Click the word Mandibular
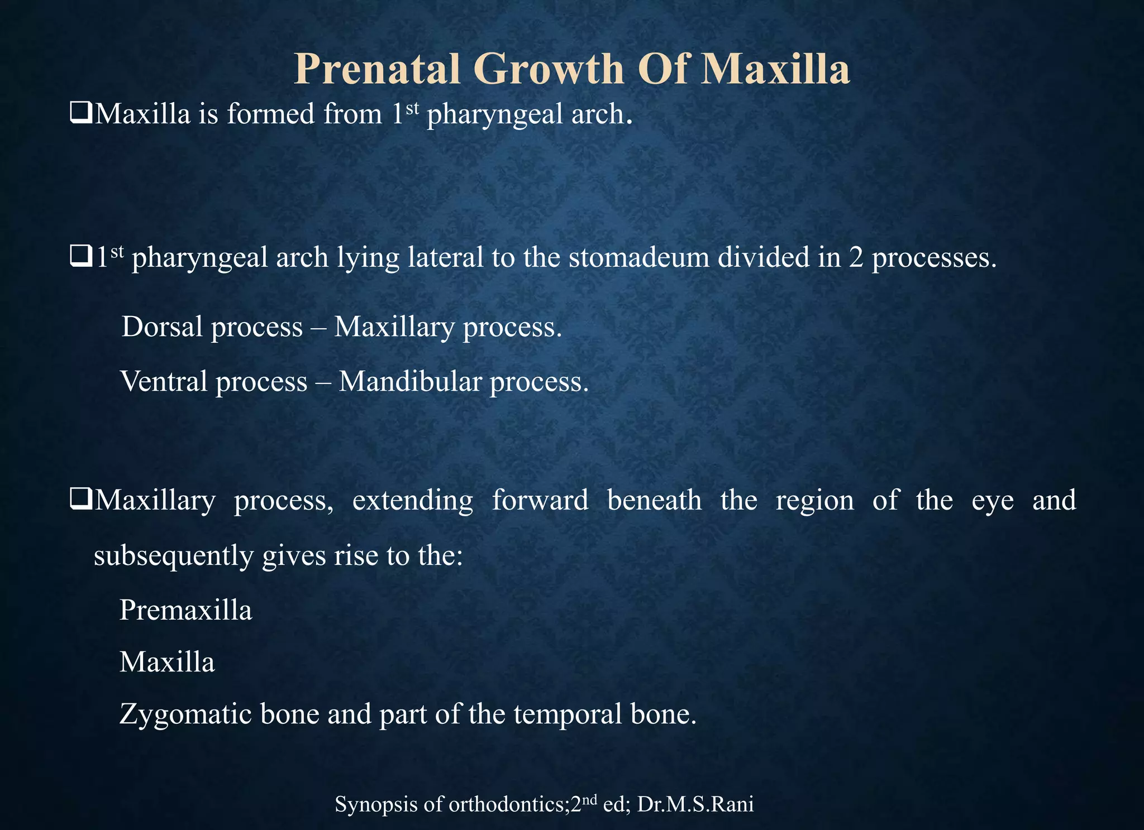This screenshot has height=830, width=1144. click(x=410, y=382)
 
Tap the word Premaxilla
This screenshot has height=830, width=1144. click(x=185, y=610)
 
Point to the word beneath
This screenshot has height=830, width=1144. click(x=654, y=500)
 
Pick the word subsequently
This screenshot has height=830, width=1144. click(x=173, y=556)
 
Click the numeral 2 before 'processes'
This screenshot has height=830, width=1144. click(x=856, y=257)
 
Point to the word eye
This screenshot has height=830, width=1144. click(x=993, y=500)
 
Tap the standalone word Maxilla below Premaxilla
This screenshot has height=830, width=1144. click(x=167, y=663)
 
